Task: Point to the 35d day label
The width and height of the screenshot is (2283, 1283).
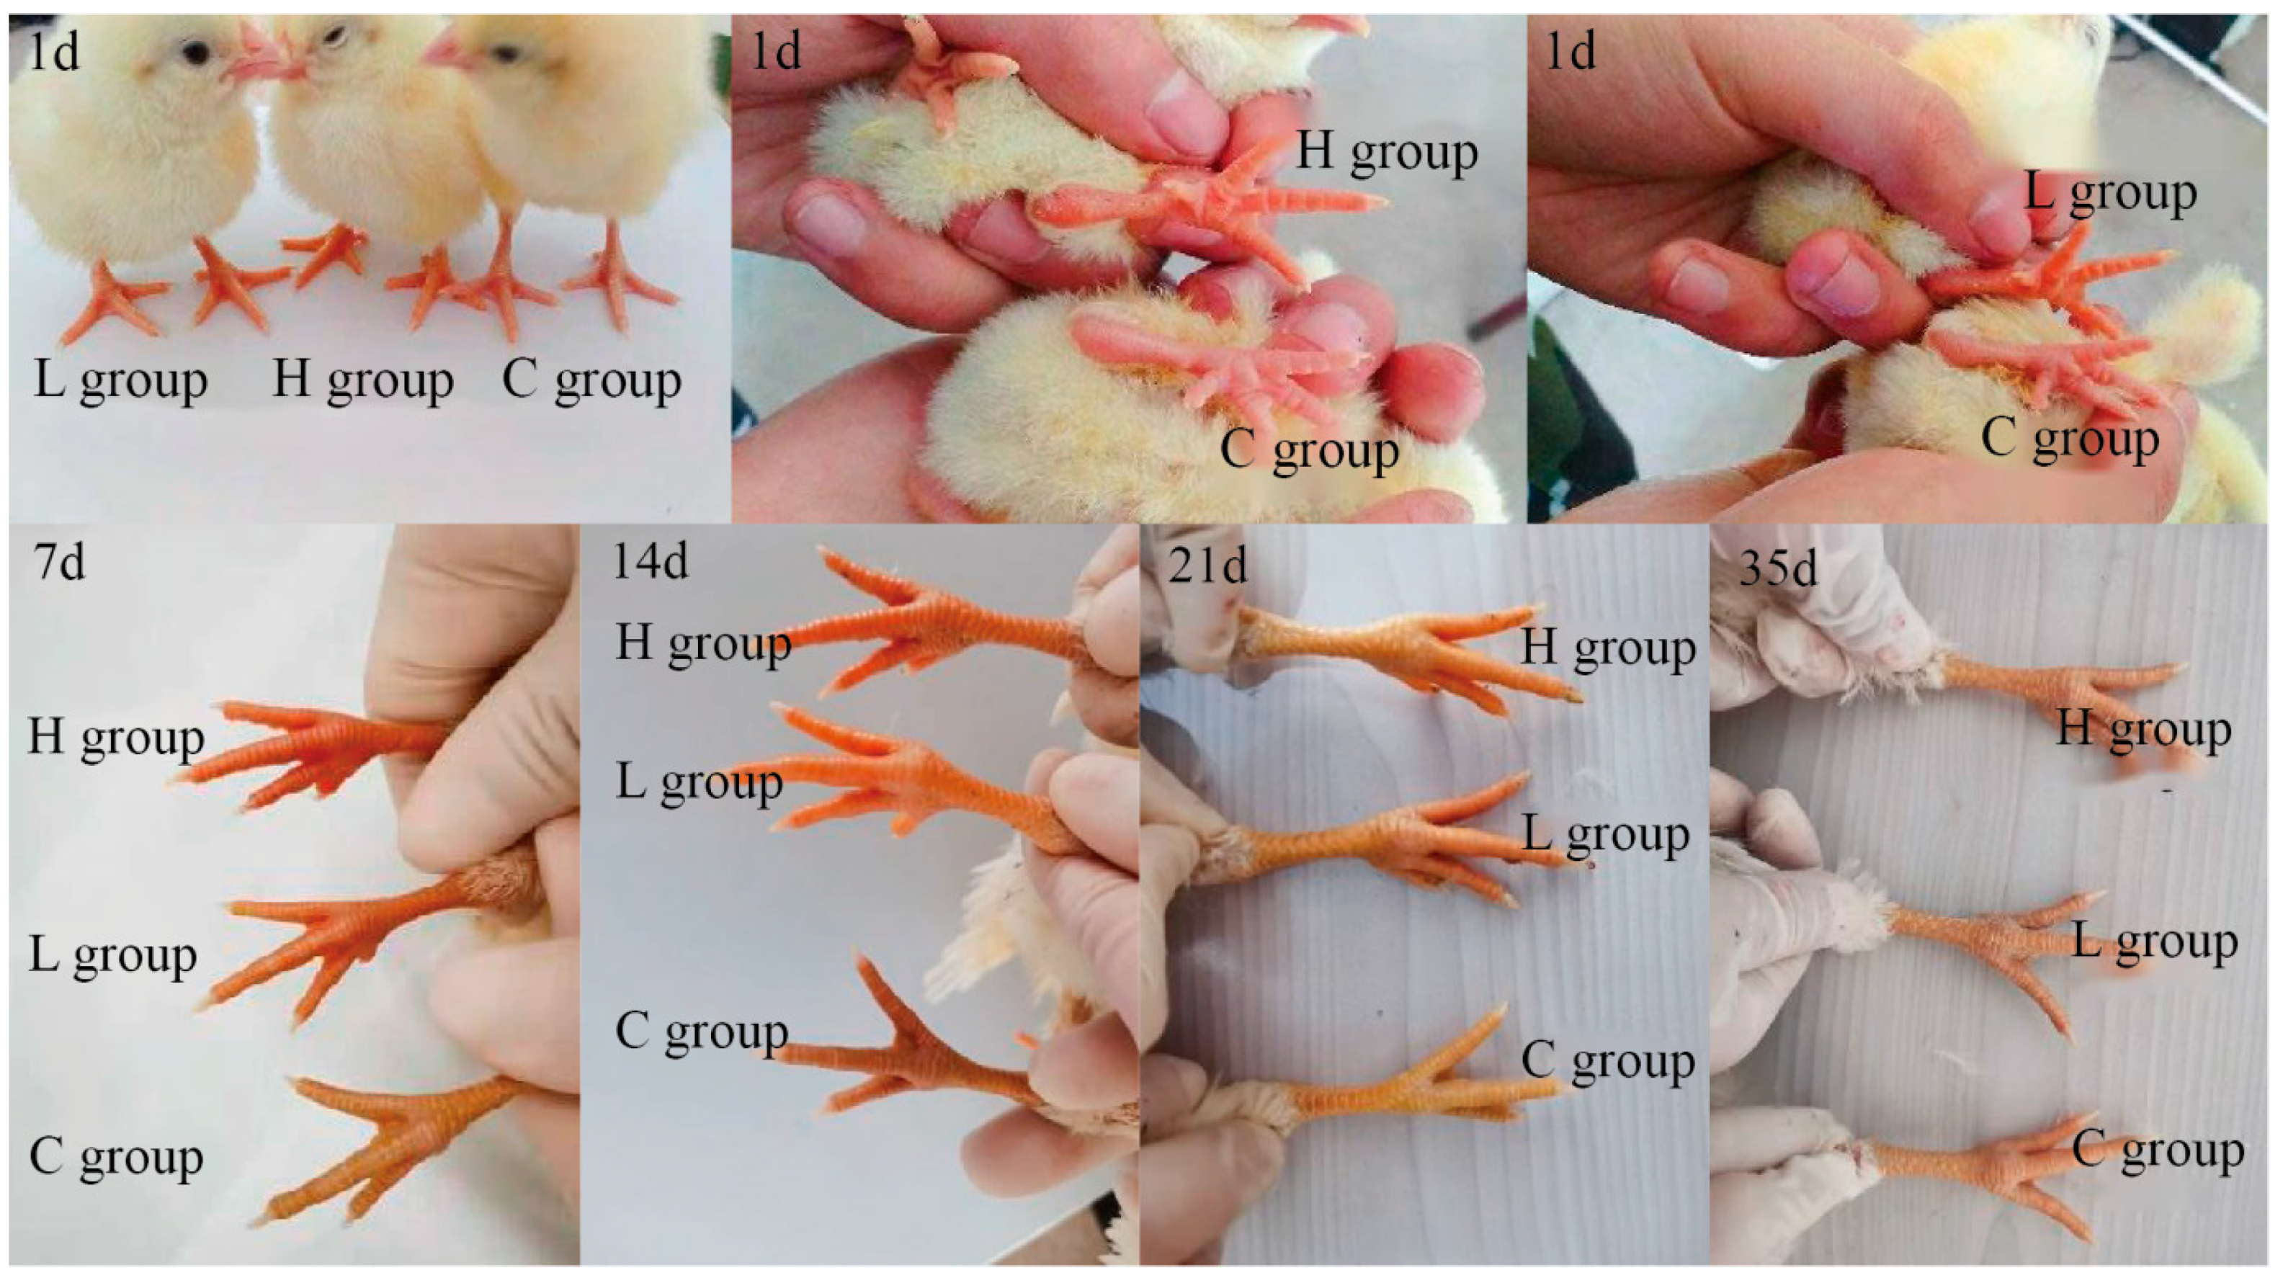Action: click(1778, 567)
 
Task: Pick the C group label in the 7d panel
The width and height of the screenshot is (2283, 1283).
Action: click(117, 1157)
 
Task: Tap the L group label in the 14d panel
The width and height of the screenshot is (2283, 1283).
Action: click(700, 783)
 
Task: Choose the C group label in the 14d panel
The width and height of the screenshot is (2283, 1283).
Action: click(702, 1032)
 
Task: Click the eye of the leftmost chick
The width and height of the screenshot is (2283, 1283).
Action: click(195, 53)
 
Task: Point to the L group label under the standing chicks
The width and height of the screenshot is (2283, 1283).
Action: click(120, 381)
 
